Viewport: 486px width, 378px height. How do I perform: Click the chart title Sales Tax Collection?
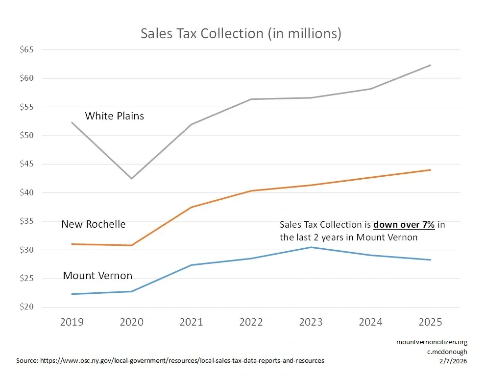[241, 34]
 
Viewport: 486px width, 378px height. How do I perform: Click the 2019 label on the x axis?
[72, 322]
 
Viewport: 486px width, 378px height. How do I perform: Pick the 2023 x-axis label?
[311, 322]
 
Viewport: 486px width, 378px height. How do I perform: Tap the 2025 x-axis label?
[430, 322]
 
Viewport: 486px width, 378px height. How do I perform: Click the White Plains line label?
[114, 116]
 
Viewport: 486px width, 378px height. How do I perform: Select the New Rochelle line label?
[93, 224]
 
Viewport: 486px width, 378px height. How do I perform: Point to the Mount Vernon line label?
[97, 276]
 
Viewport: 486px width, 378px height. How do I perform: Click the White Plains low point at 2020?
[131, 178]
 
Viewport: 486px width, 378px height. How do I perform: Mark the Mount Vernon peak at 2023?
[311, 247]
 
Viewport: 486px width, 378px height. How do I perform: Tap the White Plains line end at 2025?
[430, 65]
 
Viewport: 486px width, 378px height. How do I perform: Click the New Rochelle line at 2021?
[191, 207]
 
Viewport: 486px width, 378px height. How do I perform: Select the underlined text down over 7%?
[404, 225]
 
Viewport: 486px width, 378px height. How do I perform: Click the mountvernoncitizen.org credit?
[432, 342]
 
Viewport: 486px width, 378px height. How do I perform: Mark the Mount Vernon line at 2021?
[191, 265]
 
